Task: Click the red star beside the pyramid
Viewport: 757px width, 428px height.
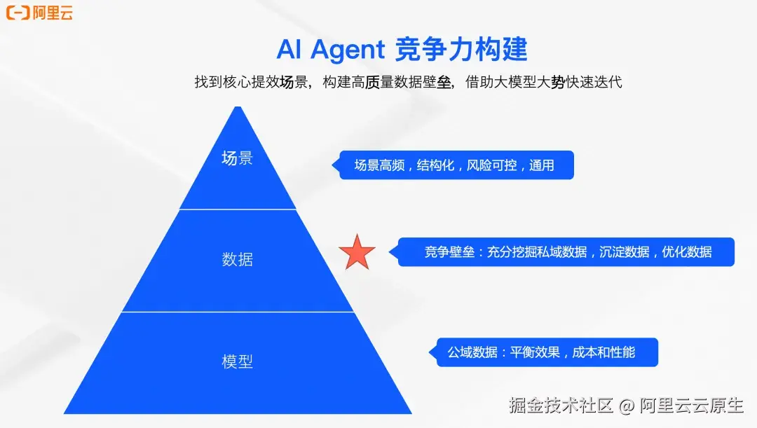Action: pos(357,253)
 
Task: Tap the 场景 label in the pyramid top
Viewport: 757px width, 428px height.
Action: pos(237,158)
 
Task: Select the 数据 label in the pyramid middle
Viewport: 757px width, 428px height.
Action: pos(237,260)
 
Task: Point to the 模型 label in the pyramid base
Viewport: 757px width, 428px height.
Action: pos(237,362)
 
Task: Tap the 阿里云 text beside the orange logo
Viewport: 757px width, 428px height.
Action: pos(53,12)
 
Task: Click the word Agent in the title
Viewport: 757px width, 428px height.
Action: pos(348,50)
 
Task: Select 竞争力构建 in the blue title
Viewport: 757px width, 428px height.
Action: pos(461,50)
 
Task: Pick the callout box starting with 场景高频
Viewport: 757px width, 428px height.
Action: pos(456,165)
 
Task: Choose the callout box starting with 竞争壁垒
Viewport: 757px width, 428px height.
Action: pos(566,252)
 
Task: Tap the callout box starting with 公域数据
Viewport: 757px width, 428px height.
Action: pos(543,352)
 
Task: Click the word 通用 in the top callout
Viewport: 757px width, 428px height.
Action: pos(541,165)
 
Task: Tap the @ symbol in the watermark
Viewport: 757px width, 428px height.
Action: pos(627,405)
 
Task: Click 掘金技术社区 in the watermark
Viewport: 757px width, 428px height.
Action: pos(561,405)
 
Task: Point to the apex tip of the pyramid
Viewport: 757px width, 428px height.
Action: pos(238,108)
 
